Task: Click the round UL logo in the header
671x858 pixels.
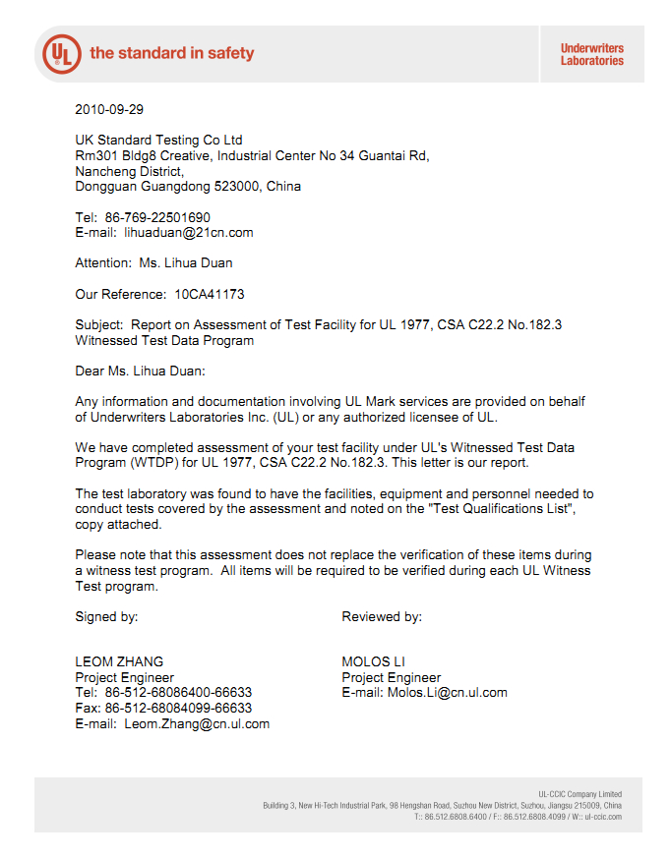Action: [x=62, y=52]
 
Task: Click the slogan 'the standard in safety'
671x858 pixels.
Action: [x=171, y=53]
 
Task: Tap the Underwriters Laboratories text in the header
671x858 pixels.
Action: [x=591, y=54]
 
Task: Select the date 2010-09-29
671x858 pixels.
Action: [x=109, y=109]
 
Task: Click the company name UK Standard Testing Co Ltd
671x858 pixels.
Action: [x=158, y=140]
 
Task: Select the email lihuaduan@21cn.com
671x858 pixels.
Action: [x=189, y=233]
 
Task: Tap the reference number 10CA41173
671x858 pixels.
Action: [x=210, y=294]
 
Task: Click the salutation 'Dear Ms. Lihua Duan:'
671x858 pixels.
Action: [x=141, y=371]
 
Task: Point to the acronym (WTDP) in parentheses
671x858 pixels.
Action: [x=155, y=463]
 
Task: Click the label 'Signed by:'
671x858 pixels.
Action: [x=106, y=617]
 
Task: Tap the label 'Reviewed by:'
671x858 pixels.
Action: [x=382, y=617]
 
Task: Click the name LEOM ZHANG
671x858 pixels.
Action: [x=119, y=661]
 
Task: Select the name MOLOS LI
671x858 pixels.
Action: [x=373, y=661]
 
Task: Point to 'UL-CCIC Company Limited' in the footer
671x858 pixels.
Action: [x=579, y=794]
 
